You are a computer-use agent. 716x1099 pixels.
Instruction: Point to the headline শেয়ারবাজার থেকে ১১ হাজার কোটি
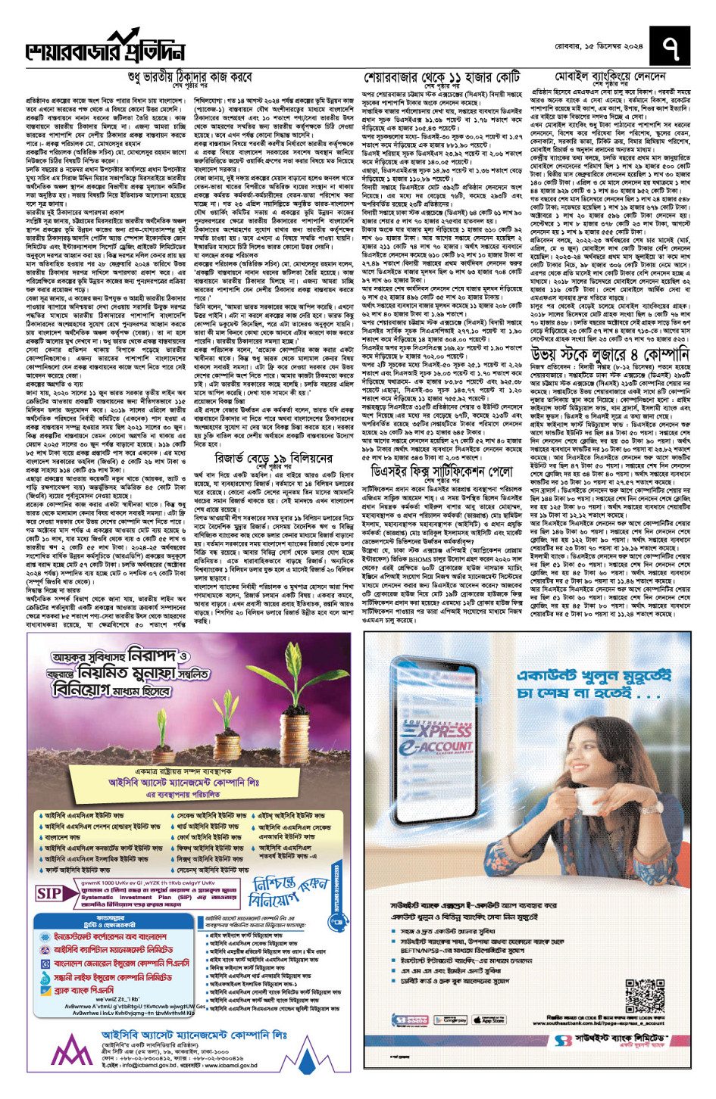pyautogui.click(x=442, y=78)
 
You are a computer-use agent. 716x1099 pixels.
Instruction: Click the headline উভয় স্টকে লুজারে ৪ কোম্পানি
pyautogui.click(x=610, y=355)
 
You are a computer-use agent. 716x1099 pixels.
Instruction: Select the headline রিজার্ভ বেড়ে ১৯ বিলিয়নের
pyautogui.click(x=274, y=458)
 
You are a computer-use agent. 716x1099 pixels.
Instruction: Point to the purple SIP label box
pyautogui.click(x=49, y=894)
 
